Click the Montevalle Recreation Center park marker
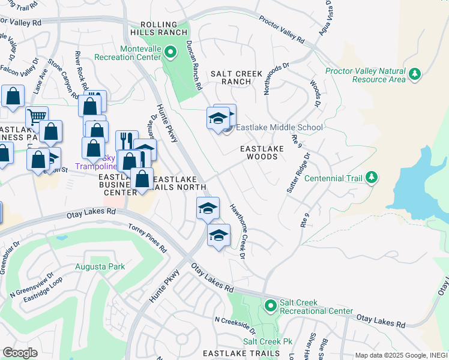(170, 53)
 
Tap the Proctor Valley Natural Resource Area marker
(415, 74)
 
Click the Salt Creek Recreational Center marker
(270, 306)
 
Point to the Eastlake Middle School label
(279, 127)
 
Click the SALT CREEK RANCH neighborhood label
(237, 77)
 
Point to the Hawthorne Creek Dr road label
(238, 231)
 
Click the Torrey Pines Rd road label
(147, 236)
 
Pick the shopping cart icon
(37, 116)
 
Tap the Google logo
(20, 353)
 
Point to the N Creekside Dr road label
(235, 327)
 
